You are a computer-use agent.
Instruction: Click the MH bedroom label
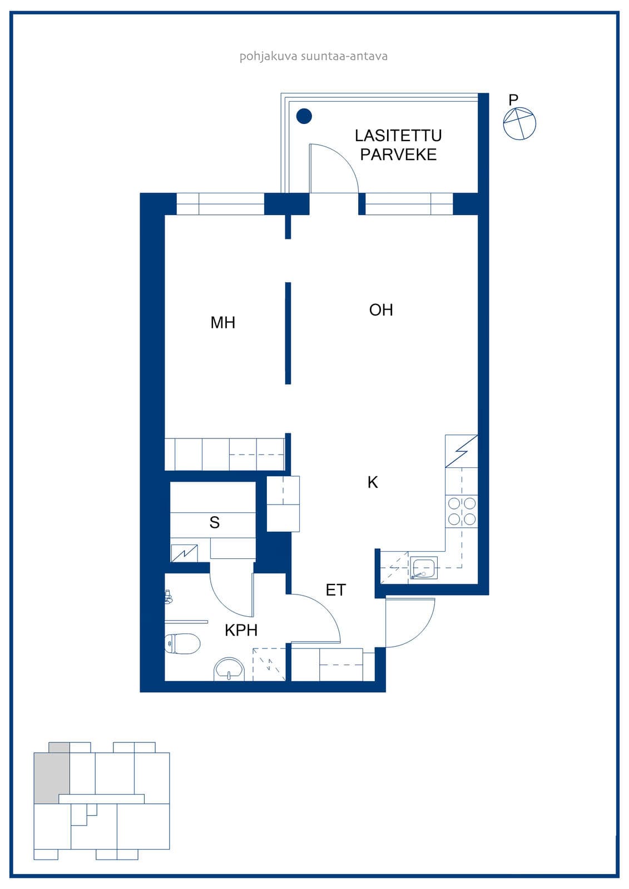(x=222, y=323)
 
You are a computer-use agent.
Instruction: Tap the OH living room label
(x=380, y=310)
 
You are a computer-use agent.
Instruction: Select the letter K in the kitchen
(x=372, y=482)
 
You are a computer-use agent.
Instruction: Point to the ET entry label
(x=336, y=590)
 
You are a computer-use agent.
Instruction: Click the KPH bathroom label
(x=241, y=630)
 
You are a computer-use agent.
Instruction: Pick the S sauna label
(x=215, y=523)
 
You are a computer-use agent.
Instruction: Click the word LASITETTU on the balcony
(x=398, y=136)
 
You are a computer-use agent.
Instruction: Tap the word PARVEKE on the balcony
(x=398, y=154)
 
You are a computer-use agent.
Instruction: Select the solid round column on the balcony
(x=304, y=116)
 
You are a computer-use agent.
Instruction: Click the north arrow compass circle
(x=519, y=123)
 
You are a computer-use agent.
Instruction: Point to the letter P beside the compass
(x=513, y=99)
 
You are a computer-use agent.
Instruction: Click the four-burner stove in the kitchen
(x=462, y=511)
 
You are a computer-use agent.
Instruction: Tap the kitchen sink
(x=424, y=567)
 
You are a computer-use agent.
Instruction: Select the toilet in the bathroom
(x=182, y=643)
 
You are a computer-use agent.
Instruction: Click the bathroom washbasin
(x=229, y=670)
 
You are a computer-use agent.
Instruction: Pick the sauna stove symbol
(x=185, y=553)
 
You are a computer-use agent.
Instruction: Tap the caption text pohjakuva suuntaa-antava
(x=314, y=56)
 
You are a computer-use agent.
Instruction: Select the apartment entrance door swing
(x=421, y=631)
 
